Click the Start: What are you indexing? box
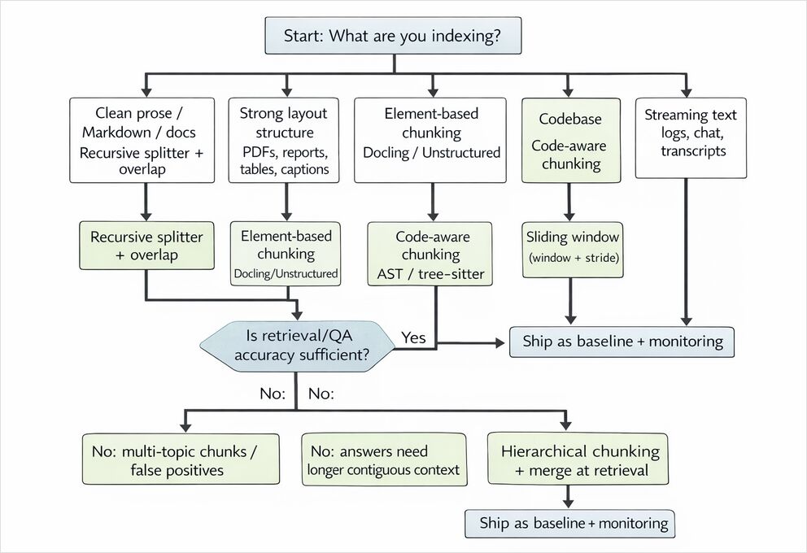(x=394, y=37)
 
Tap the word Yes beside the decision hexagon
(x=413, y=337)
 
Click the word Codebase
(x=570, y=119)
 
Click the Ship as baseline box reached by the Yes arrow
(x=622, y=342)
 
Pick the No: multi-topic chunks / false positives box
(x=181, y=459)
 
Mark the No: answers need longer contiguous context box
(x=384, y=459)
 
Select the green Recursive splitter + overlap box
(x=146, y=246)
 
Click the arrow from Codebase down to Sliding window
(x=570, y=200)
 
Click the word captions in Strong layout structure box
(x=302, y=169)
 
